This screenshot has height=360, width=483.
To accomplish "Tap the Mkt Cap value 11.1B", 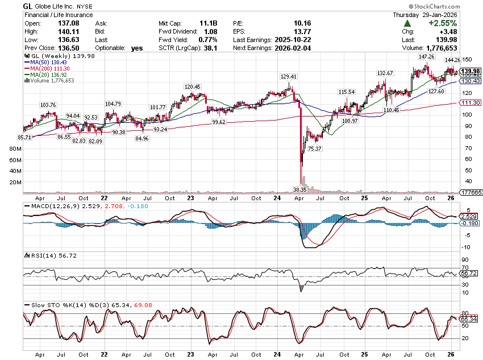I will click(207, 23).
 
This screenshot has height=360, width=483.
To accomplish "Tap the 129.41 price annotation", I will click(289, 76).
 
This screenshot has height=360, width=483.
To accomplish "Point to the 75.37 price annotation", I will click(315, 148).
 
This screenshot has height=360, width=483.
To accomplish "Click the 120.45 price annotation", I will click(193, 86).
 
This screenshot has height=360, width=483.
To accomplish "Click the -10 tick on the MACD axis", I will click(464, 247).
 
